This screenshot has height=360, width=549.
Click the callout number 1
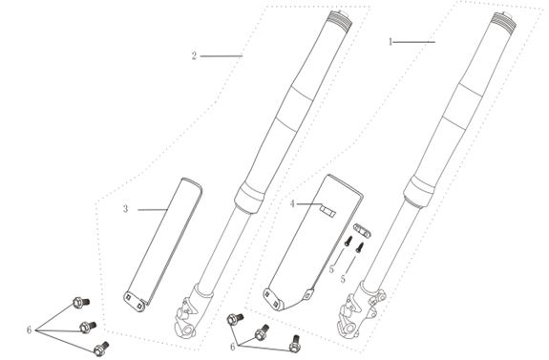391,43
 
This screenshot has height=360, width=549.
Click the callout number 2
194,56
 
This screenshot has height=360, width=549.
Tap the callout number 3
125,207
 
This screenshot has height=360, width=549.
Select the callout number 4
292,203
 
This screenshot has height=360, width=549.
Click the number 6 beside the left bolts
31,329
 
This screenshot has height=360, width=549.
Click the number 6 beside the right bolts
232,347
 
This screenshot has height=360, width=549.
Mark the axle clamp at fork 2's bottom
189,314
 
